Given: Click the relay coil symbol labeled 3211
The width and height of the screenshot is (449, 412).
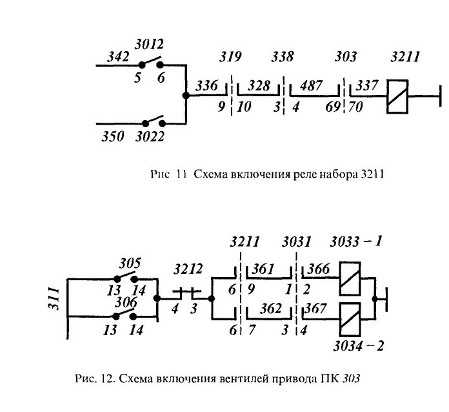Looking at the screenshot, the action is click(x=397, y=97).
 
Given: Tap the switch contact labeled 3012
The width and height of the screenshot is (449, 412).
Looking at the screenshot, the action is click(x=151, y=62).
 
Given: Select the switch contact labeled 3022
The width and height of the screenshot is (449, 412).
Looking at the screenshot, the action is click(x=154, y=121).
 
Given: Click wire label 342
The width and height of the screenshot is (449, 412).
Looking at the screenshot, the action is click(x=118, y=56).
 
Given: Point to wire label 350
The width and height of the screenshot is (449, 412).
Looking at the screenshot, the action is click(x=113, y=136).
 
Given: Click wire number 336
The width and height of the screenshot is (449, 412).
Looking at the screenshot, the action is click(x=207, y=86).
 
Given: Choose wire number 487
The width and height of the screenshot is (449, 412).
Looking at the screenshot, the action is click(x=311, y=85).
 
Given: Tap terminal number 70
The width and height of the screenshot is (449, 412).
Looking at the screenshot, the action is click(x=356, y=107).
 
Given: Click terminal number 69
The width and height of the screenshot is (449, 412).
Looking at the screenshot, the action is click(x=333, y=107).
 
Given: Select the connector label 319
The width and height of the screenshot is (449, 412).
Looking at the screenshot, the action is click(x=230, y=56).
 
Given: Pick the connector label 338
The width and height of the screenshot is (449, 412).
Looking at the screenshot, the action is click(x=283, y=56).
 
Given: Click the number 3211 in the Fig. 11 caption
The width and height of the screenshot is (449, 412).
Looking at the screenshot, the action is click(x=372, y=174).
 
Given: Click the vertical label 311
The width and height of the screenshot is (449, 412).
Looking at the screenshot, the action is click(x=54, y=298).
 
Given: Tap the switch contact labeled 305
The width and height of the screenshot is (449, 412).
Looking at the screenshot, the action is click(x=126, y=276).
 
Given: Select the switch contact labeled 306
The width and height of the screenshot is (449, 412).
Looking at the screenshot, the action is click(x=125, y=314).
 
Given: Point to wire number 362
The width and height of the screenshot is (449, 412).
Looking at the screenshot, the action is click(x=271, y=309).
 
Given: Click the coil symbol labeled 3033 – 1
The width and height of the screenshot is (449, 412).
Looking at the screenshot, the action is click(x=350, y=279).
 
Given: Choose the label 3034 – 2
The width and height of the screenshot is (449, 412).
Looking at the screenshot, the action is click(x=359, y=346).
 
